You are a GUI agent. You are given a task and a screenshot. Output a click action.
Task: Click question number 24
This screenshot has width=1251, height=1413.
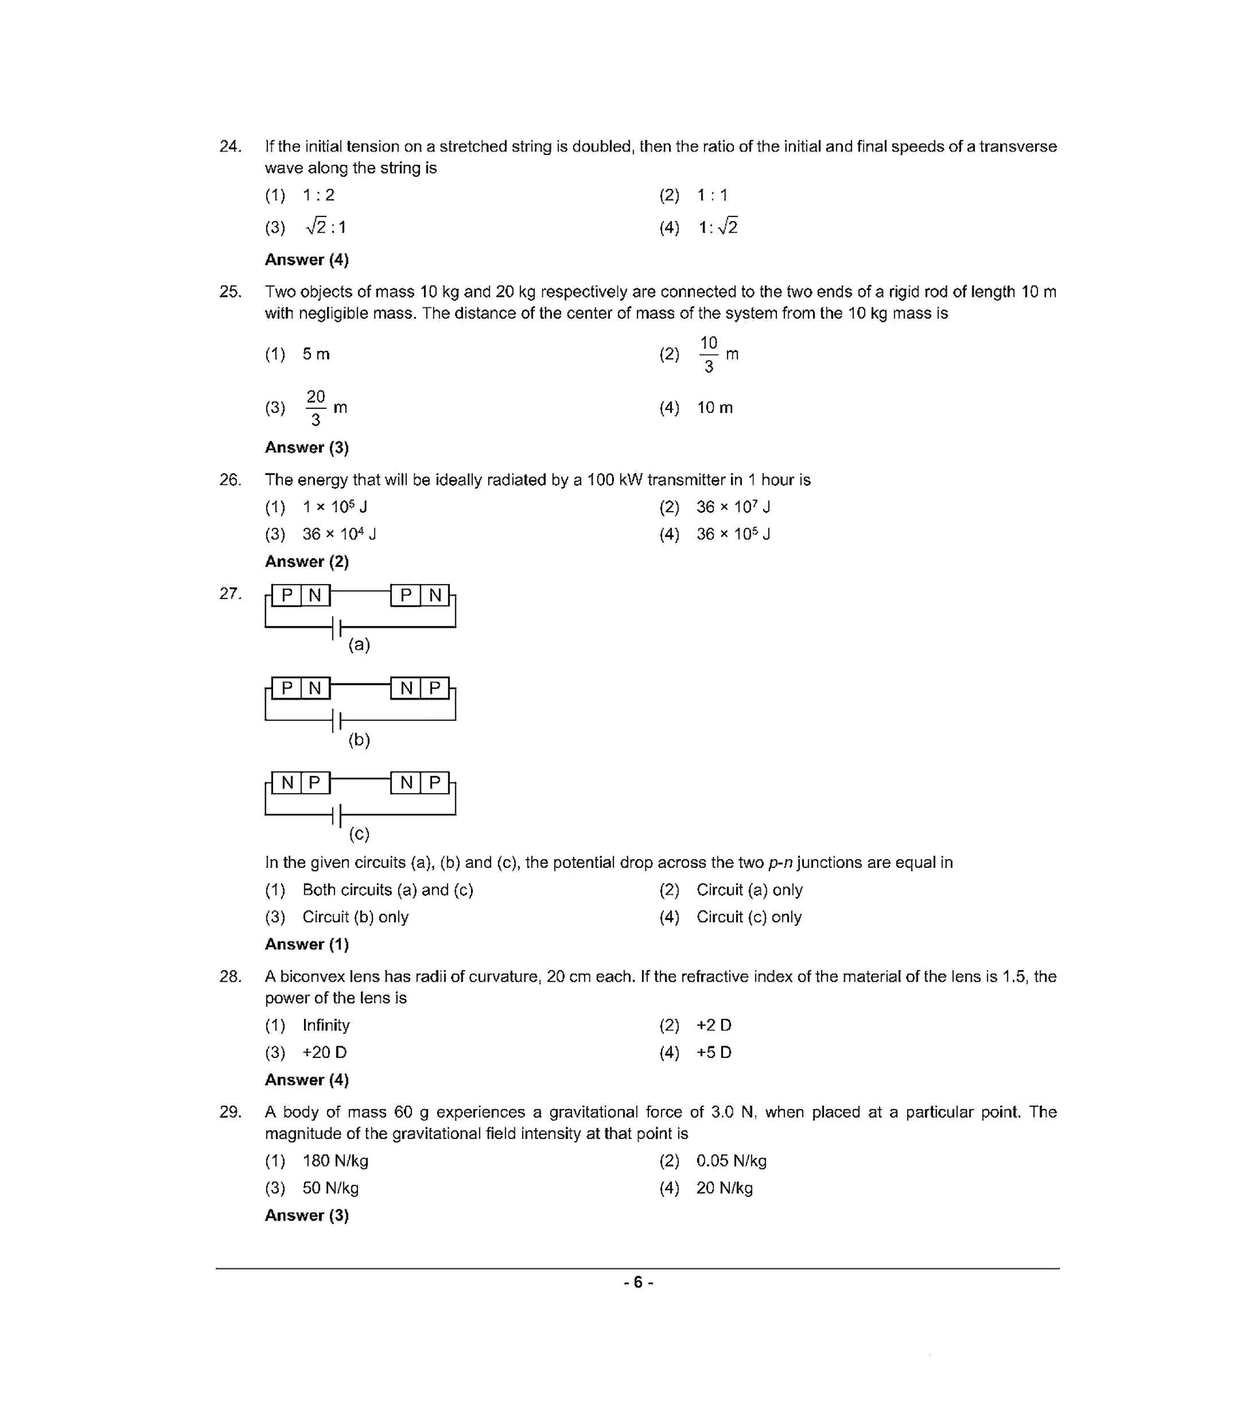[230, 147]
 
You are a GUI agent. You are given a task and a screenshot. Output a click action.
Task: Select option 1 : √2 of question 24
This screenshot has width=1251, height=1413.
[717, 227]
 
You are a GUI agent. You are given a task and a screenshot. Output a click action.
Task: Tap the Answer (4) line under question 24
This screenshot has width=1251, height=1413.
[307, 260]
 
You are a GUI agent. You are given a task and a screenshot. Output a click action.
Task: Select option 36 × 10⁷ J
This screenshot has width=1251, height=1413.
[733, 507]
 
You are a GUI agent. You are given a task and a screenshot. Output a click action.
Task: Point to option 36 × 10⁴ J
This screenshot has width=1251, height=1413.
[338, 534]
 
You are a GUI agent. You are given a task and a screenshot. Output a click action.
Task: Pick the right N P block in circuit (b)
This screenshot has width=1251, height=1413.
[420, 689]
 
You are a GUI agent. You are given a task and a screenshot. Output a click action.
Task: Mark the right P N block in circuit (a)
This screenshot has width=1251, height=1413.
[420, 595]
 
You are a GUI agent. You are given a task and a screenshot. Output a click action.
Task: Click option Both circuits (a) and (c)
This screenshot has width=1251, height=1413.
[388, 890]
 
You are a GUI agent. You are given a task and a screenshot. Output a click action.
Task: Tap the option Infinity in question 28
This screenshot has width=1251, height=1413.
[326, 1026]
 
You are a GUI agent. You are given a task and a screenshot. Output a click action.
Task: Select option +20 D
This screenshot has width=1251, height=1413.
[325, 1053]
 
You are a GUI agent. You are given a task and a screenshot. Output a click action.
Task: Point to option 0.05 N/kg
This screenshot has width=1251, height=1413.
[731, 1161]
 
